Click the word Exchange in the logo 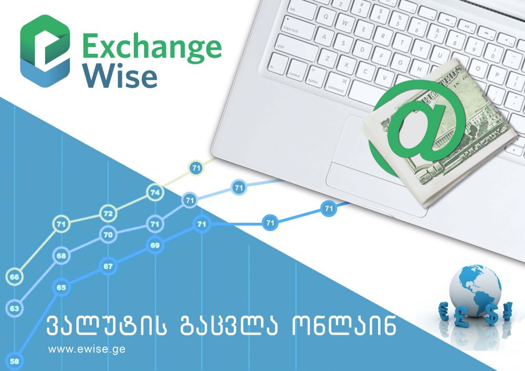click(151, 47)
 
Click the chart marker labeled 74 click(155, 192)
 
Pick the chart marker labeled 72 click(108, 213)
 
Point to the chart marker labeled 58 click(15, 361)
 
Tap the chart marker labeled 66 click(15, 277)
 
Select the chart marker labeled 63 click(15, 308)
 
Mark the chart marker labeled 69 click(155, 245)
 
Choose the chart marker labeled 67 click(108, 266)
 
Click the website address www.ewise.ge click(87, 348)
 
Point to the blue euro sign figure click(444, 310)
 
